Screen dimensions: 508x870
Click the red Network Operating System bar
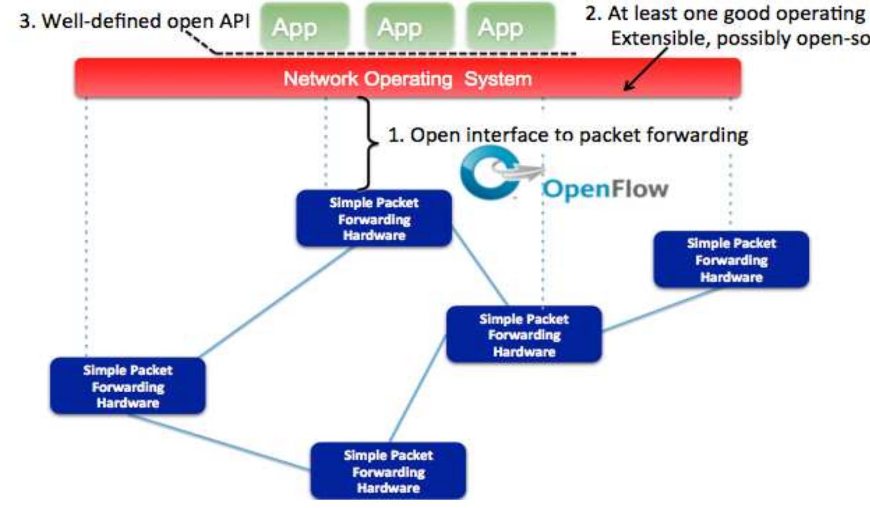[x=408, y=78]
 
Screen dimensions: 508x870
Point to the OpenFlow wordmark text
[x=606, y=189]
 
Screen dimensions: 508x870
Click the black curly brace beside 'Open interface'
[x=368, y=143]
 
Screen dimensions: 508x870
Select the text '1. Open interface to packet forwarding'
[x=567, y=135]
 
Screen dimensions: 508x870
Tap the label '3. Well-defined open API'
[x=134, y=21]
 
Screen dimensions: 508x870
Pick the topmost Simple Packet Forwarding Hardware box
[x=374, y=219]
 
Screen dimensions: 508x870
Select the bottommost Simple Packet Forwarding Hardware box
[x=388, y=471]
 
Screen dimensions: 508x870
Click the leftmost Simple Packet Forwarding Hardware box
[x=128, y=386]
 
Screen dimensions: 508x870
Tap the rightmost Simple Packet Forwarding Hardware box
[x=731, y=260]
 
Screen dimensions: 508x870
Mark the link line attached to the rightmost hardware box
[x=660, y=310]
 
